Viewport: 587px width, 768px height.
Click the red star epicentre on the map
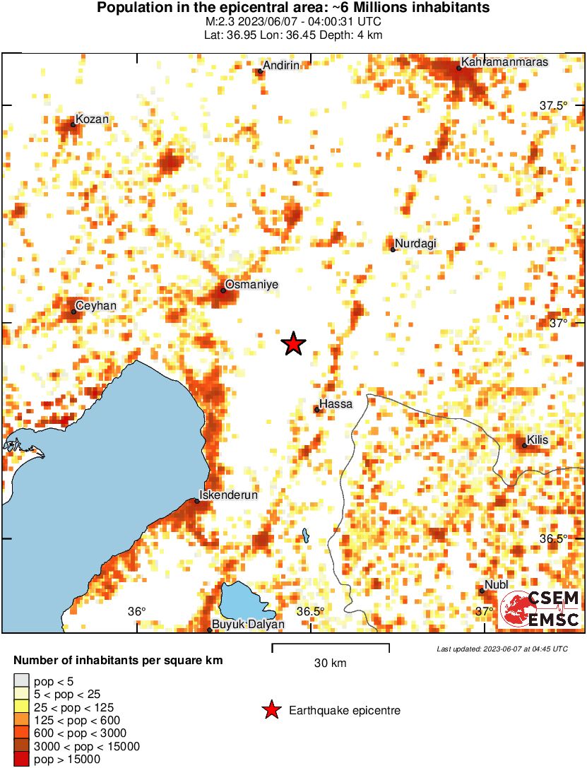click(293, 344)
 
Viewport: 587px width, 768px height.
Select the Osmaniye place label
click(251, 285)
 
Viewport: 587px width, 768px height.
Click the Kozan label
click(92, 119)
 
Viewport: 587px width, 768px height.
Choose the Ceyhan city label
click(97, 305)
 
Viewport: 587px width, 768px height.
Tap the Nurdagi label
click(415, 244)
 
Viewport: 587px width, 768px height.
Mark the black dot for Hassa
click(317, 410)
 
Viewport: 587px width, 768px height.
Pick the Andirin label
click(282, 65)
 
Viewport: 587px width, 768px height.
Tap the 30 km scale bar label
click(330, 663)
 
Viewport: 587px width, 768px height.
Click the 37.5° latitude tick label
click(554, 105)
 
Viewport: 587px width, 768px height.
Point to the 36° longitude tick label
click(136, 611)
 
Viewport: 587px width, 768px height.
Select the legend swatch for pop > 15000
click(21, 760)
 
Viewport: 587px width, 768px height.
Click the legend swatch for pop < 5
click(21, 681)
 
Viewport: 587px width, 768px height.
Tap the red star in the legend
click(271, 710)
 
